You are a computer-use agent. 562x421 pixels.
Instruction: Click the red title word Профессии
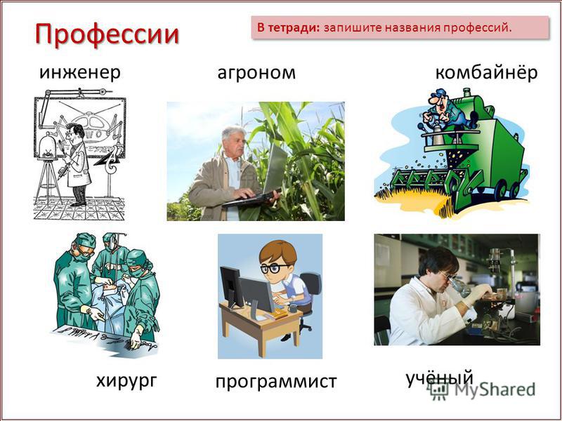coord(107,35)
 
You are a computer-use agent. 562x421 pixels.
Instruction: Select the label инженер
coord(79,73)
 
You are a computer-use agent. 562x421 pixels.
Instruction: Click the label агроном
coord(256,74)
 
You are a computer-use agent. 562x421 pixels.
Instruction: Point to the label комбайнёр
coord(486,73)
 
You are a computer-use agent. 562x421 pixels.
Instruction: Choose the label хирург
coord(126,381)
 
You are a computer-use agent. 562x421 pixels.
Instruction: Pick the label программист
coord(276,382)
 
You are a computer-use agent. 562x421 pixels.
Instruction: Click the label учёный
coord(440,379)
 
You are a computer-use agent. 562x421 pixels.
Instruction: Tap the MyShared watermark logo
coord(483,390)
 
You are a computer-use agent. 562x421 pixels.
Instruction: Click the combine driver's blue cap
coord(438,93)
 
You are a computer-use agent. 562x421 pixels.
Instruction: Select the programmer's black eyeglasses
coord(273,269)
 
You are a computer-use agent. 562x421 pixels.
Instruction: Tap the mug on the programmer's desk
coord(293,308)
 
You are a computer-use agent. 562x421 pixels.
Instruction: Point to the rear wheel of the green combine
coord(516,189)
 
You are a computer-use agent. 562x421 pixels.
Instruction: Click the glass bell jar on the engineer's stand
coord(48,146)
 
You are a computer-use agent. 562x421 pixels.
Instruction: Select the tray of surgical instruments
coord(104,338)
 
